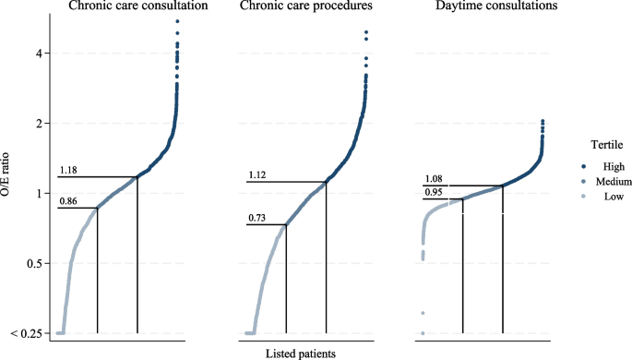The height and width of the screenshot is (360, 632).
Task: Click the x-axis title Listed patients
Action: pyautogui.click(x=300, y=353)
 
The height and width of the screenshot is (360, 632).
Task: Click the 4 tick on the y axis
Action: pyautogui.click(x=35, y=54)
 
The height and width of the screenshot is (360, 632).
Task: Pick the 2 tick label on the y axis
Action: pyautogui.click(x=35, y=123)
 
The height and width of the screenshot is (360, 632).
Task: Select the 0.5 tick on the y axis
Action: pyautogui.click(x=30, y=263)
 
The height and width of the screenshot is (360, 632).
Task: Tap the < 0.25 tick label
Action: pyautogui.click(x=26, y=333)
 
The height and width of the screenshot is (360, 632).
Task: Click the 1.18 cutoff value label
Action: pyautogui.click(x=68, y=170)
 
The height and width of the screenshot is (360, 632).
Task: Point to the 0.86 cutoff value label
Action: pyautogui.click(x=68, y=200)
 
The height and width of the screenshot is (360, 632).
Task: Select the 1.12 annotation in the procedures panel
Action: pyautogui.click(x=257, y=174)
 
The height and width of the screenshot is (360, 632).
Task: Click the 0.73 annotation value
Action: pyautogui.click(x=257, y=218)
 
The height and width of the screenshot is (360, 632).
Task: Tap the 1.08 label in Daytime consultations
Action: pyautogui.click(x=435, y=179)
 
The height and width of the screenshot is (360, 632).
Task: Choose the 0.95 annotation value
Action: pyautogui.click(x=435, y=193)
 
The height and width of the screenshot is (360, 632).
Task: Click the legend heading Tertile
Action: pyautogui.click(x=607, y=144)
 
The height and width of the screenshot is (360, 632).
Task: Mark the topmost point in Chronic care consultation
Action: pyautogui.click(x=176, y=21)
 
